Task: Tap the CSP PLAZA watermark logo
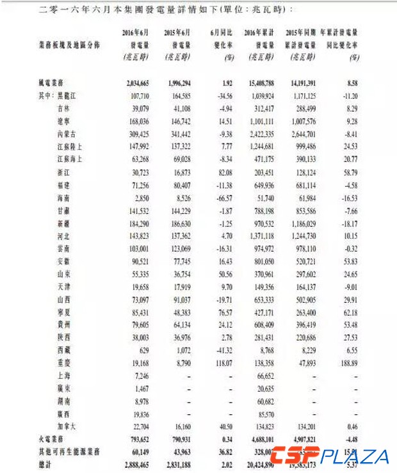click(329, 456)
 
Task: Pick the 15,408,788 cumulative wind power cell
click(259, 83)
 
